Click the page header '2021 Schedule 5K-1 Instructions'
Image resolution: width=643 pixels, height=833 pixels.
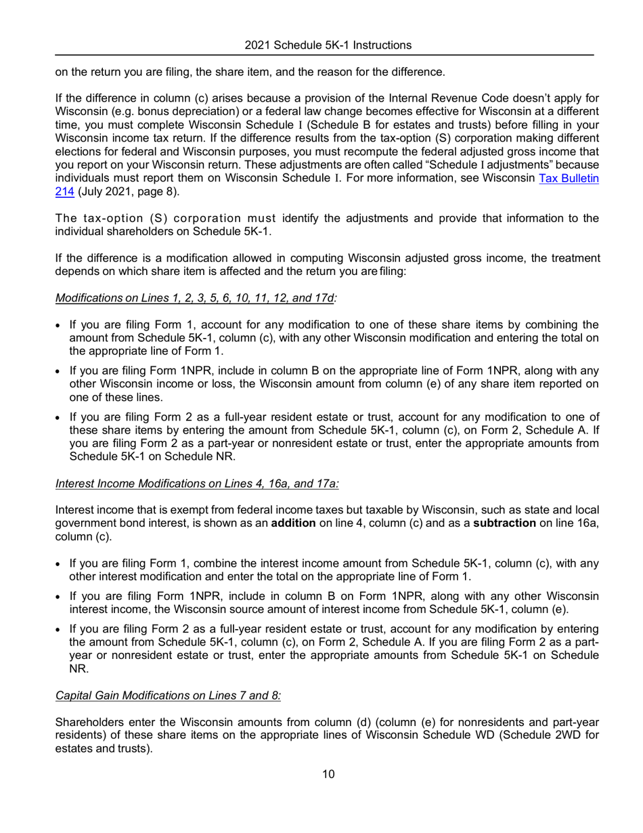(328, 45)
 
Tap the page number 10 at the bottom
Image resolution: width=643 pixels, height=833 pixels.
(328, 775)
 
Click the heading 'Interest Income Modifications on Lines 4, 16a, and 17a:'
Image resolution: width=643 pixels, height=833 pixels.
(197, 484)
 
